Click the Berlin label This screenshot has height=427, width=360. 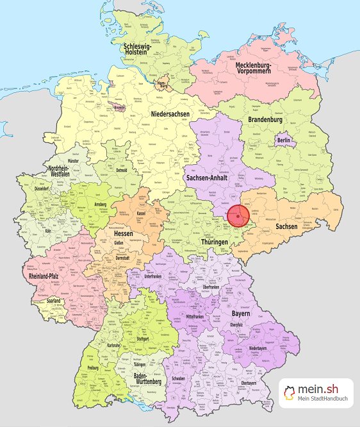coord(284,140)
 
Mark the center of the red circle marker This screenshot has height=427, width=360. coord(238,215)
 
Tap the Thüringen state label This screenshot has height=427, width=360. coord(213,242)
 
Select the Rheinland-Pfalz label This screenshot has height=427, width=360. coord(49,277)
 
